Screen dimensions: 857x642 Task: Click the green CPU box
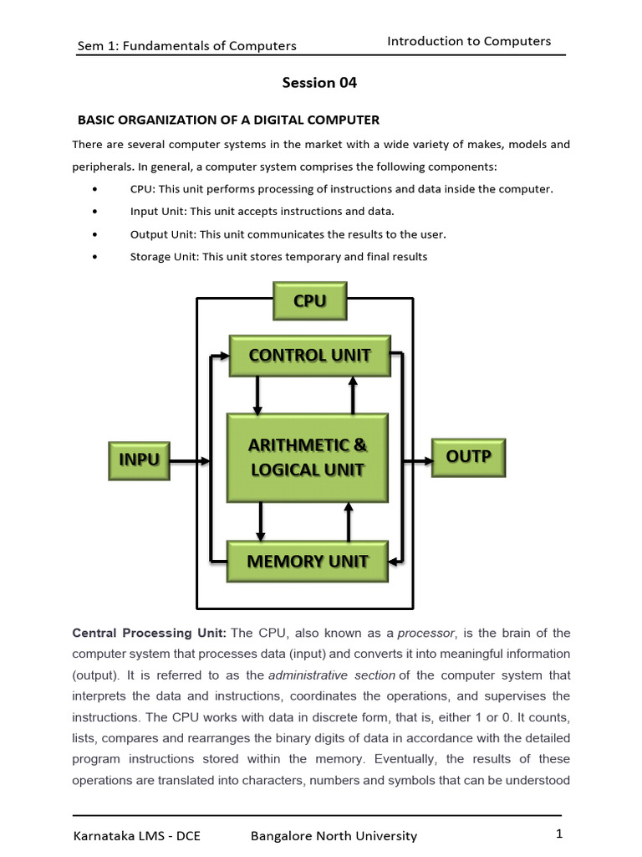click(x=309, y=301)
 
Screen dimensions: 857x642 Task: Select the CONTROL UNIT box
click(x=309, y=355)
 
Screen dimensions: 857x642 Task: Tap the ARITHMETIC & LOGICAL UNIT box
click(x=308, y=457)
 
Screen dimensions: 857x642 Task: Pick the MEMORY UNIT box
click(x=308, y=562)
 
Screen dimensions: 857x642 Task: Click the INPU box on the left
click(x=139, y=459)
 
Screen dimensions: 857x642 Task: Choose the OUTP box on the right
click(x=468, y=457)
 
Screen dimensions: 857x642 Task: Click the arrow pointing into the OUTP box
click(x=418, y=460)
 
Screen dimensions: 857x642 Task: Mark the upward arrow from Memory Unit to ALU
click(x=349, y=522)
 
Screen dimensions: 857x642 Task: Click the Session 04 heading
click(x=319, y=83)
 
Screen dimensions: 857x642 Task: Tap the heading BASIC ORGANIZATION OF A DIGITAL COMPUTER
click(x=228, y=120)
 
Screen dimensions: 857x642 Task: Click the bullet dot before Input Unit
click(x=99, y=212)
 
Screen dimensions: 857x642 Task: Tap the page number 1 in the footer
click(x=558, y=834)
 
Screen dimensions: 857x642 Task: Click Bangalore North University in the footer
click(x=334, y=835)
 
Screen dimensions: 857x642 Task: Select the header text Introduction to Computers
click(x=469, y=41)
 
